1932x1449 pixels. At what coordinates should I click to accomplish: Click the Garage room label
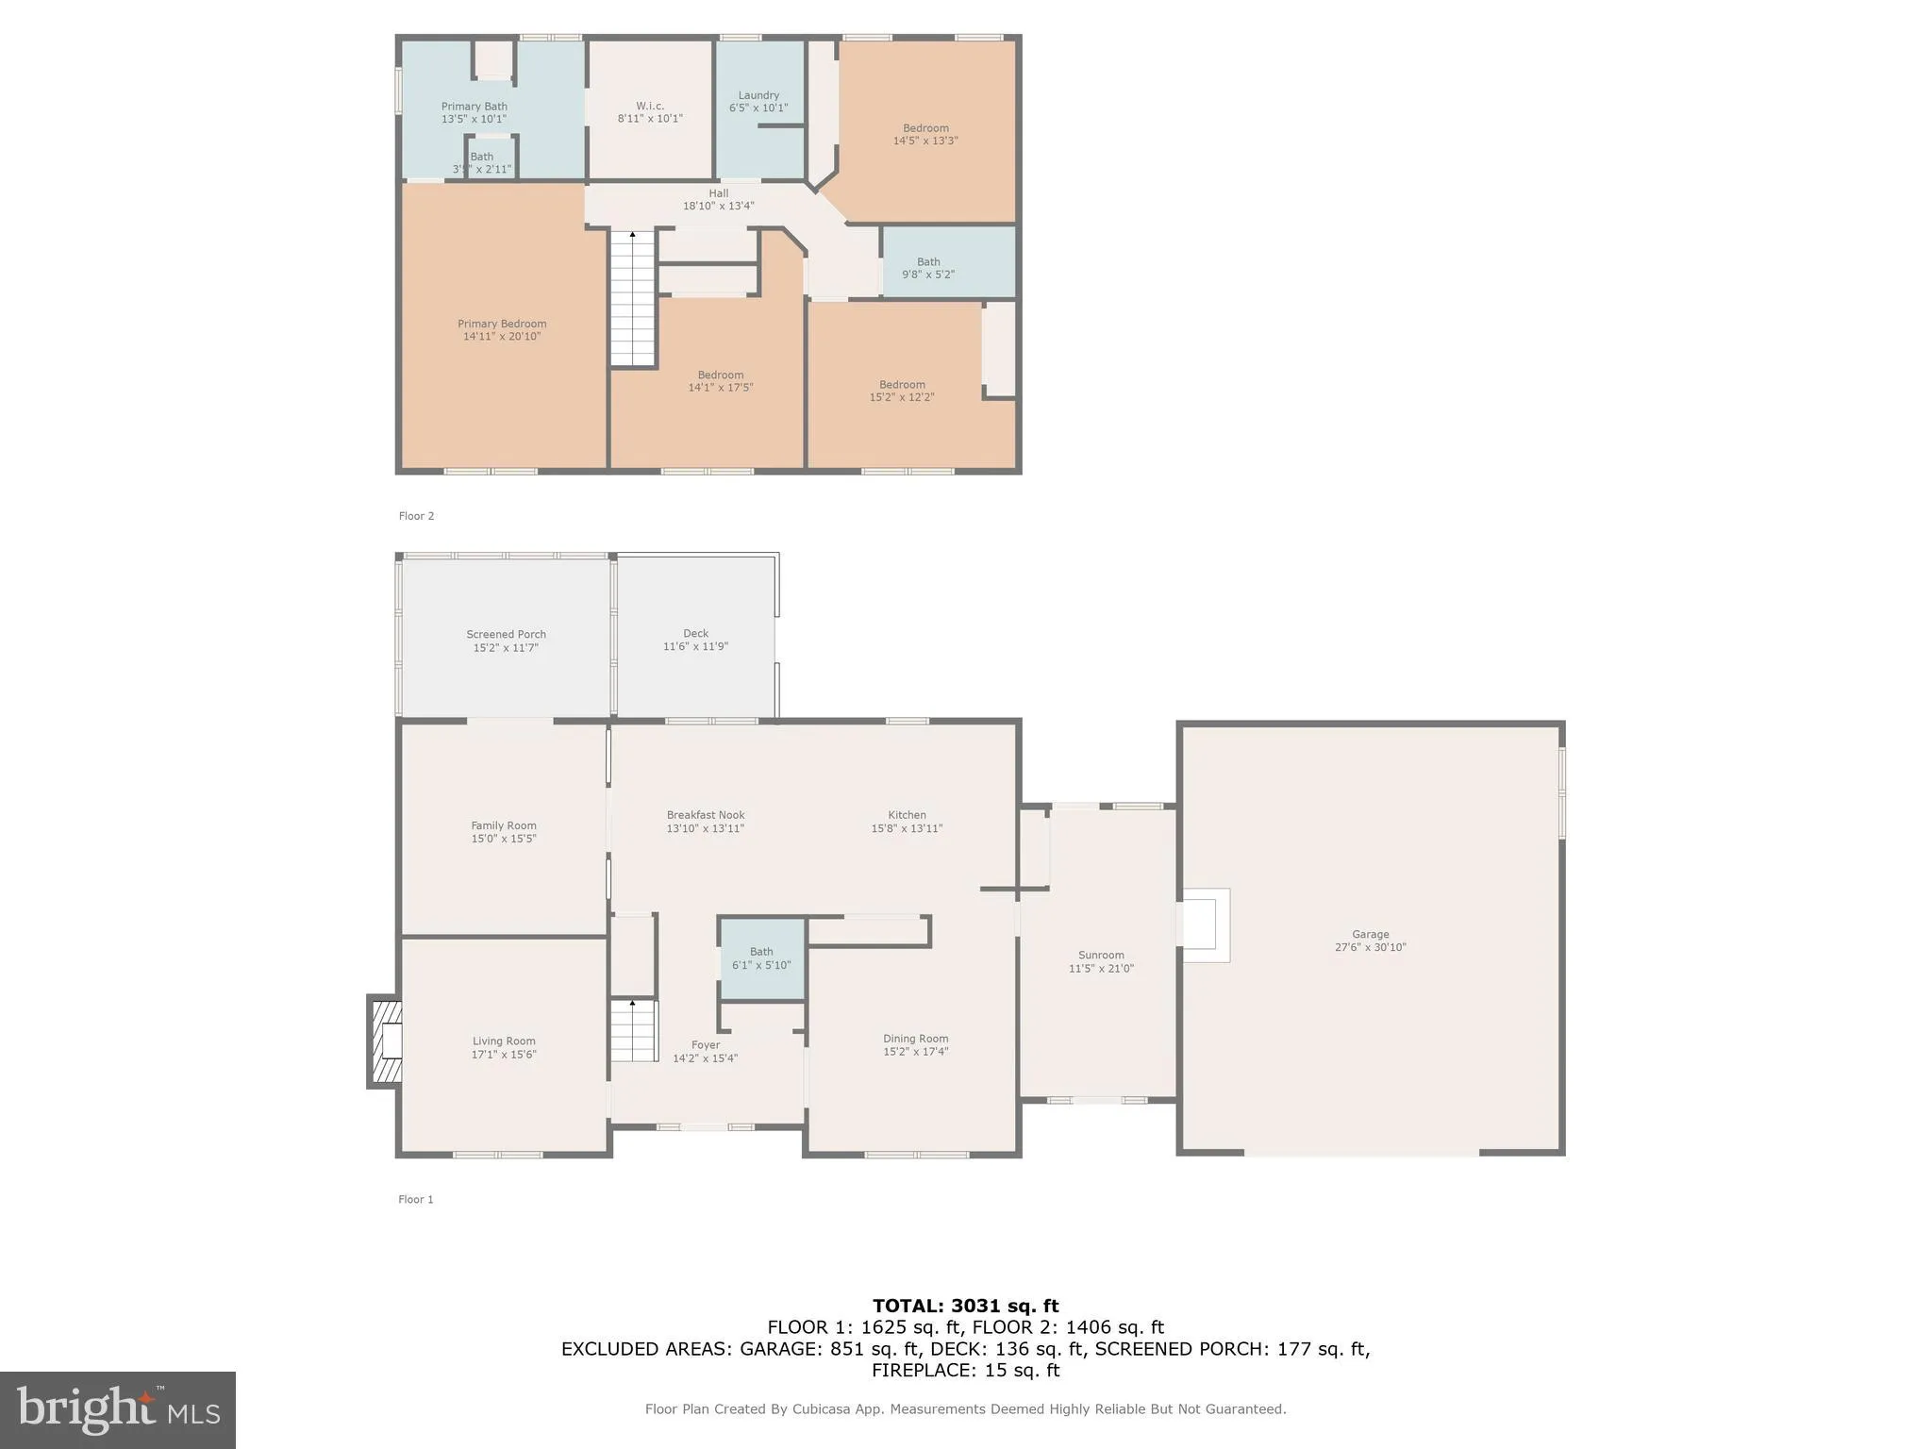(x=1370, y=935)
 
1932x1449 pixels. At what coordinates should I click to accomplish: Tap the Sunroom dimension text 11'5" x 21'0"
(x=1101, y=969)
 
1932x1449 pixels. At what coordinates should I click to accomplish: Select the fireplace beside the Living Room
(x=386, y=1042)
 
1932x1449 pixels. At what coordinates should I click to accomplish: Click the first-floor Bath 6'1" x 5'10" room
(x=761, y=958)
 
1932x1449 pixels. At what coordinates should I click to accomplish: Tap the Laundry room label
(x=758, y=95)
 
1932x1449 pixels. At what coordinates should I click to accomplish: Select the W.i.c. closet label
(x=650, y=106)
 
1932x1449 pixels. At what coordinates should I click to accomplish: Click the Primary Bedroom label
(x=502, y=324)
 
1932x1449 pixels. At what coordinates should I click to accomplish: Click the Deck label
(x=695, y=633)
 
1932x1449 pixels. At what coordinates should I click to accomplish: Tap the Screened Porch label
(x=506, y=634)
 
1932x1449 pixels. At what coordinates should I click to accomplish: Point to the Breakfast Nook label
(x=706, y=815)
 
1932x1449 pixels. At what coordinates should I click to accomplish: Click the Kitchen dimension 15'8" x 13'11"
(x=907, y=828)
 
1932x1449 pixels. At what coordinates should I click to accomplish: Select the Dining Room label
(x=915, y=1039)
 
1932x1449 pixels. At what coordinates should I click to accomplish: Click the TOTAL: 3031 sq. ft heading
(x=965, y=1306)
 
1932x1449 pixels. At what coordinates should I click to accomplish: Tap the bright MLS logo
(x=118, y=1409)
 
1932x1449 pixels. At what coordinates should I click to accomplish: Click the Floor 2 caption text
(x=416, y=516)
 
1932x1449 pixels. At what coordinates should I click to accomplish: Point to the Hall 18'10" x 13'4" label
(x=719, y=199)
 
